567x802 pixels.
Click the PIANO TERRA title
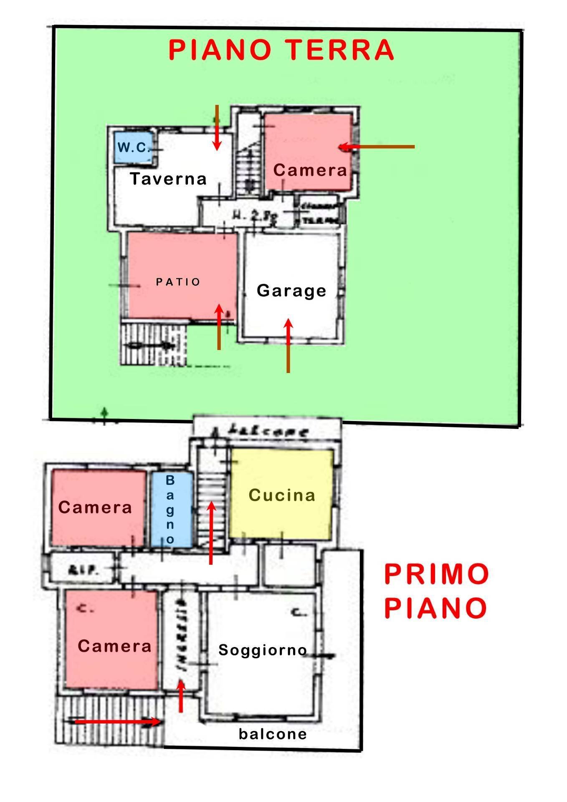[x=281, y=50]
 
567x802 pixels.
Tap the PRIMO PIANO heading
[x=436, y=591]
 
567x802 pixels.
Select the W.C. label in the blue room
[x=133, y=147]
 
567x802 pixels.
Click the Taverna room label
[x=168, y=179]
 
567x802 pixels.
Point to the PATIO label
[x=178, y=282]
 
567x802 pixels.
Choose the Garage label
[x=291, y=291]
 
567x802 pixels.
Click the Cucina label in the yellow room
[x=282, y=495]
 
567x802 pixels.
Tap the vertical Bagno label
[x=170, y=510]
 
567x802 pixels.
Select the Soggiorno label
[x=263, y=650]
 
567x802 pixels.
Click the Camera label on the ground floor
[x=310, y=170]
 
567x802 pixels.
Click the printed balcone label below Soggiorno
[x=273, y=734]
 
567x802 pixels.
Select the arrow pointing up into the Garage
[x=288, y=345]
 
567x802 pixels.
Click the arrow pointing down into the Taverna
[x=217, y=127]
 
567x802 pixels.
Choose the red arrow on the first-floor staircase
[x=211, y=533]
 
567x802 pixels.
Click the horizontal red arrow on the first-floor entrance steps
[x=117, y=721]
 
